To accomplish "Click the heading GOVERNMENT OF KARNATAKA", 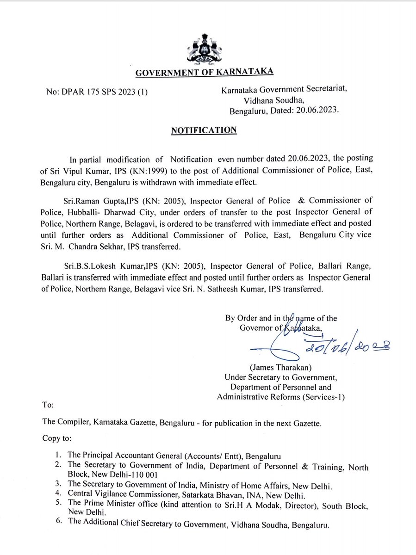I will click(x=204, y=72).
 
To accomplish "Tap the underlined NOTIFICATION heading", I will click(x=204, y=130).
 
